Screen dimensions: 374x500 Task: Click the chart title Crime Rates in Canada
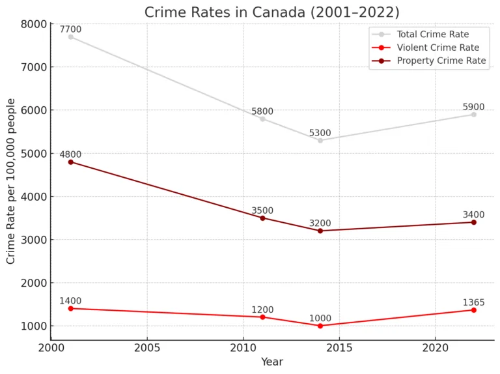coord(271,12)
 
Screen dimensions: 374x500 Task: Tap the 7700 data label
coord(70,29)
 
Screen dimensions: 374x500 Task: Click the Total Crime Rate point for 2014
coord(320,140)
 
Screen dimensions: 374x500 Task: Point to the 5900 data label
coord(473,107)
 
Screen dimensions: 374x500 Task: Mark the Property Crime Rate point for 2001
coord(70,162)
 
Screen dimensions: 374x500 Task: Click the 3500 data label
coord(262,210)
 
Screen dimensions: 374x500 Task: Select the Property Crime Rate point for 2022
coord(474,222)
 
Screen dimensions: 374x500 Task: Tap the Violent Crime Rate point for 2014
coord(320,326)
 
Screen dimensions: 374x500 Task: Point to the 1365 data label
coord(473,302)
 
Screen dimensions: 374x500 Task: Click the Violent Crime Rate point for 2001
coord(70,308)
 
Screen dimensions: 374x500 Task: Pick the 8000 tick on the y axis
coord(35,24)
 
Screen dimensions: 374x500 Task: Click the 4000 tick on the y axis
coord(35,197)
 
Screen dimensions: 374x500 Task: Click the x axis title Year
coord(272,362)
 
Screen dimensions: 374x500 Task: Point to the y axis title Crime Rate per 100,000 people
coord(11,181)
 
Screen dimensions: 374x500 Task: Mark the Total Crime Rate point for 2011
coord(262,119)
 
